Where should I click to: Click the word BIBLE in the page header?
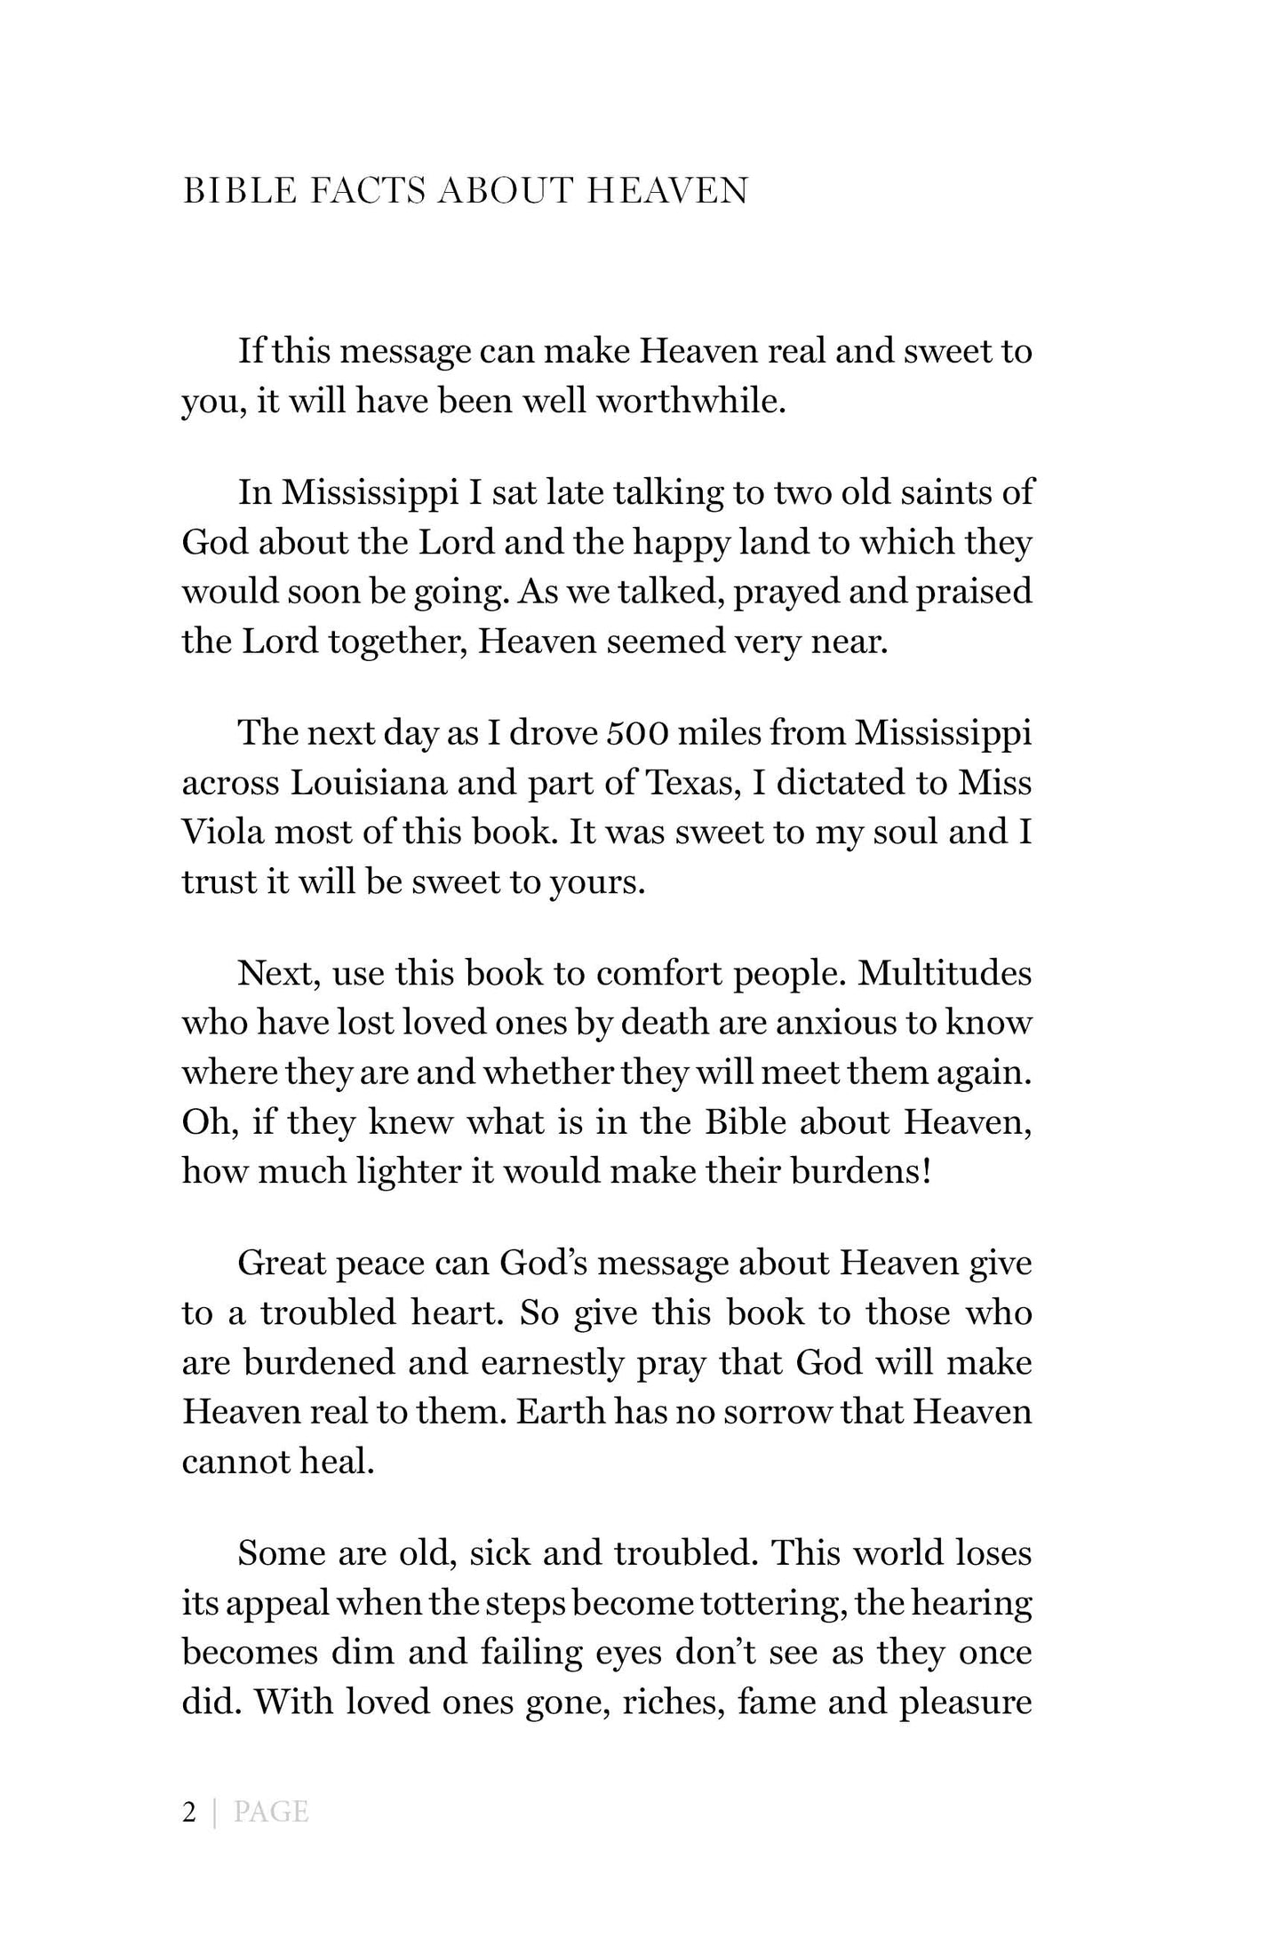click(x=237, y=192)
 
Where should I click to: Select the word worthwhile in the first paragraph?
click(x=690, y=402)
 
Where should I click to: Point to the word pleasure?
click(x=965, y=1704)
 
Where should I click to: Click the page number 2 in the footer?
click(x=188, y=1813)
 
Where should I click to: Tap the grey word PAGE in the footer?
click(x=271, y=1813)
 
